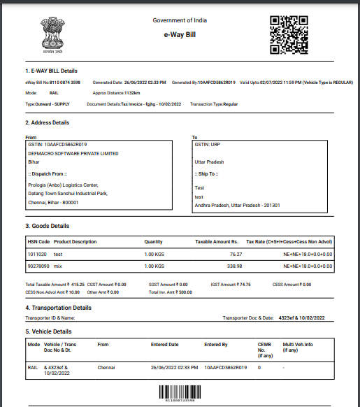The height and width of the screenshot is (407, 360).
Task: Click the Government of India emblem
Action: (50, 34)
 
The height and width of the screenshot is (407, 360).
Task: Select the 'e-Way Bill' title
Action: (179, 34)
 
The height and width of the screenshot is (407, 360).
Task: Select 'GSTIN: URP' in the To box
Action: (209, 144)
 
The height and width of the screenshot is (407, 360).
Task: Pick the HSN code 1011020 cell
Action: (36, 255)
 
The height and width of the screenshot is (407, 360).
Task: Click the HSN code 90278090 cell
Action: (38, 266)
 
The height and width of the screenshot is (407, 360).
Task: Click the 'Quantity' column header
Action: (153, 242)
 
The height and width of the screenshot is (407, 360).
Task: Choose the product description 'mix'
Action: (59, 266)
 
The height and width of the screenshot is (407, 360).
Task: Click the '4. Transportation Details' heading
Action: (58, 307)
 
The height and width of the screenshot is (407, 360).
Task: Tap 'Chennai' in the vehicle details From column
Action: (107, 366)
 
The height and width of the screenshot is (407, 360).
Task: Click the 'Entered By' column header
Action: (216, 344)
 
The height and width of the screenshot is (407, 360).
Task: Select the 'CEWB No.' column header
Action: (264, 348)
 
